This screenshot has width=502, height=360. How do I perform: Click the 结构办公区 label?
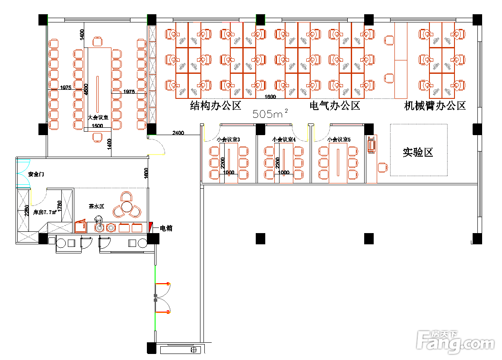coord(216,106)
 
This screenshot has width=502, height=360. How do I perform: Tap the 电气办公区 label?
coord(335,106)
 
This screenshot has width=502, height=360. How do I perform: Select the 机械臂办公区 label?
coord(435,106)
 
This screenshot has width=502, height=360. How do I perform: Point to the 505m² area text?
coord(270,114)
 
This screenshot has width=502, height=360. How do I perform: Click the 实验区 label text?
coord(418,152)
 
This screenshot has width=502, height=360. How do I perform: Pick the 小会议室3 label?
coord(228,139)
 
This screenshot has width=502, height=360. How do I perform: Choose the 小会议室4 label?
coord(284,139)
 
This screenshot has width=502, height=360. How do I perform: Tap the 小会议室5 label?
coord(339,139)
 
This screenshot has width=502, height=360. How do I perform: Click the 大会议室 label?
coord(98,117)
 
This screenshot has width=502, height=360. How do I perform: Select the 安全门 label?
coord(36,174)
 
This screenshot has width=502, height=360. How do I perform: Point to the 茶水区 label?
coord(96,206)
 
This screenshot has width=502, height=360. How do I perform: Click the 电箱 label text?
coord(166,228)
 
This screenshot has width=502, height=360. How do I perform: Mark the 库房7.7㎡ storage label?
coord(45,212)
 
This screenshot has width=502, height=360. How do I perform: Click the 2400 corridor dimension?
coord(178,133)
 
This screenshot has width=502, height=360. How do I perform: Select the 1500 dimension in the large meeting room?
coord(97,126)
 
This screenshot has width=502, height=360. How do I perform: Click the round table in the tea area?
coord(126,206)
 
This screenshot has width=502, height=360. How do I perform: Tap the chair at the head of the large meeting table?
coord(98,42)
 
